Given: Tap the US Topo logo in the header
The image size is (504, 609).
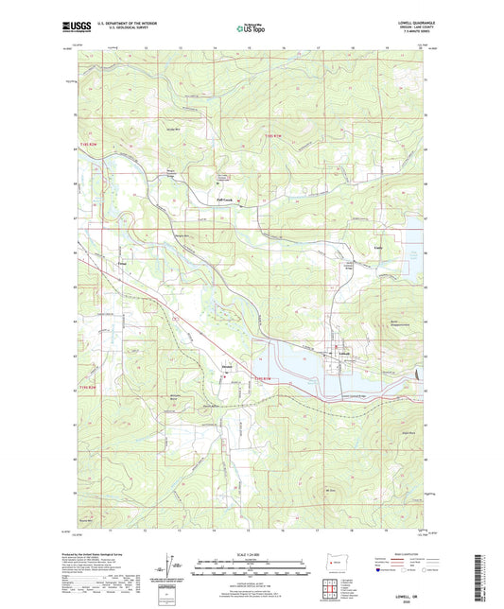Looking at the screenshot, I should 248,29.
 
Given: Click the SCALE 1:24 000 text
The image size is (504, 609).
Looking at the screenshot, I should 252,552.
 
